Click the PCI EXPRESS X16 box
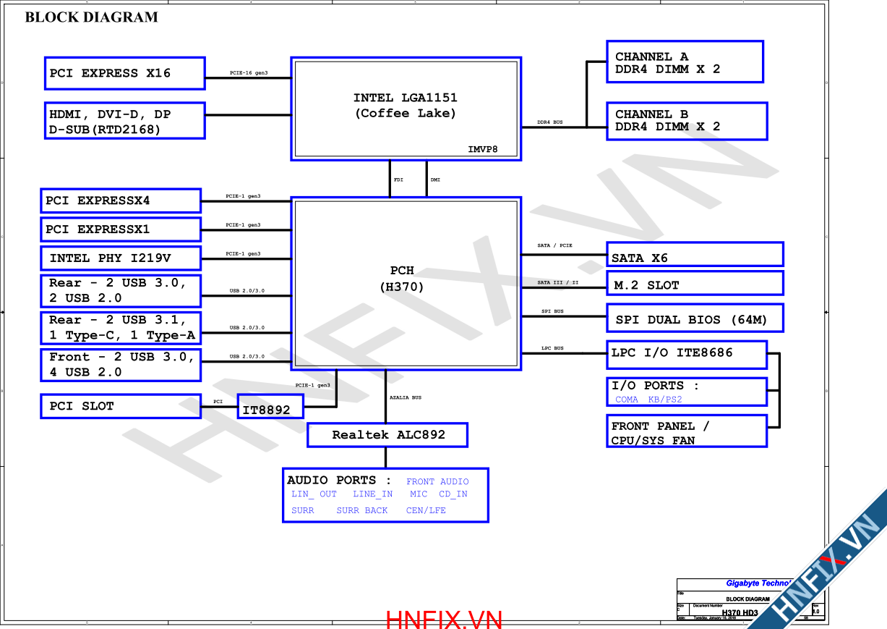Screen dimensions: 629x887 pos(124,73)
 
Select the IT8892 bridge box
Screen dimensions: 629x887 pos(270,410)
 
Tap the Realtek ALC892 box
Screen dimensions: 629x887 pos(387,435)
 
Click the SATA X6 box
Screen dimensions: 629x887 pos(694,255)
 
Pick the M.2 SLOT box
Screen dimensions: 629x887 pos(694,283)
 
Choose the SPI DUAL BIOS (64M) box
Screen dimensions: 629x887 pos(694,318)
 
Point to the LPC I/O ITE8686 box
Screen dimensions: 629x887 pos(686,354)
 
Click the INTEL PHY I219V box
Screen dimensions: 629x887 pos(121,258)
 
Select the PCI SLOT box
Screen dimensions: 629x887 pos(121,406)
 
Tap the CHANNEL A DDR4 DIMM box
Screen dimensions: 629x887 pos(685,62)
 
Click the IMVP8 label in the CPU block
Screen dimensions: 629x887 pos(483,150)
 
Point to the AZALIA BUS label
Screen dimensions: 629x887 pos(406,397)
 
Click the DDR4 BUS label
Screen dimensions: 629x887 pos(549,122)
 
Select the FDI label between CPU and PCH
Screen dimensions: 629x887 pos(398,180)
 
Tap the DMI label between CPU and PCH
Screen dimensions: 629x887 pos(435,180)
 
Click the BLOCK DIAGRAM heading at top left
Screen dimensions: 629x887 pos(91,17)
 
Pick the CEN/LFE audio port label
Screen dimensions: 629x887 pos(426,510)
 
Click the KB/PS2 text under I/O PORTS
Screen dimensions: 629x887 pos(665,400)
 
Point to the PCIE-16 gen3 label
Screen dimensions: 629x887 pos(249,73)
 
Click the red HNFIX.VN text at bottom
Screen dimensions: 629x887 pos(444,620)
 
